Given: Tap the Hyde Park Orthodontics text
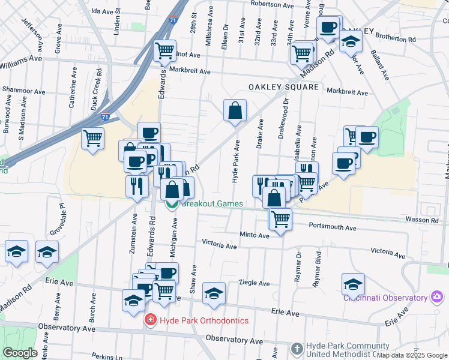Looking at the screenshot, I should pyautogui.click(x=204, y=320).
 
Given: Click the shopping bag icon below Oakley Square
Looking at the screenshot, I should pyautogui.click(x=235, y=110).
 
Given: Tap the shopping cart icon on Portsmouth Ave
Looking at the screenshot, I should pyautogui.click(x=280, y=219).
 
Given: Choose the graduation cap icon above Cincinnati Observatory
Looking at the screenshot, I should pyautogui.click(x=353, y=284).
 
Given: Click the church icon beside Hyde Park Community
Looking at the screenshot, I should pyautogui.click(x=297, y=349).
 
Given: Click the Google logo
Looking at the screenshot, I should pyautogui.click(x=20, y=353).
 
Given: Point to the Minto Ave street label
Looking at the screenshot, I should pyautogui.click(x=255, y=236).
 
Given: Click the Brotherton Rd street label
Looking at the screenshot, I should pyautogui.click(x=395, y=37).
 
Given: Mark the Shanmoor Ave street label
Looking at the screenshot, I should pyautogui.click(x=23, y=91).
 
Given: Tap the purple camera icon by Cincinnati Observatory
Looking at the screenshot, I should pyautogui.click(x=437, y=297).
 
